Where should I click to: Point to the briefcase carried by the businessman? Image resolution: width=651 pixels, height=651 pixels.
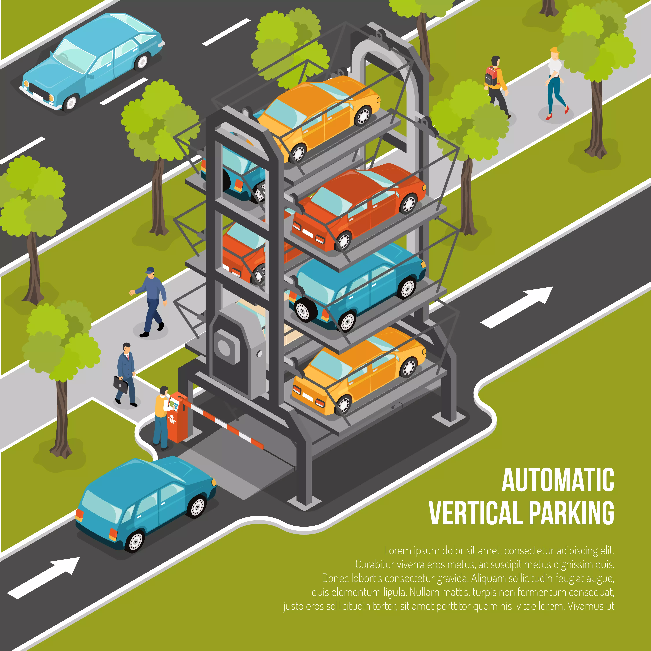pyautogui.click(x=120, y=384)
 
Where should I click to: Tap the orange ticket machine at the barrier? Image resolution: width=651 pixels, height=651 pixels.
pyautogui.click(x=178, y=418)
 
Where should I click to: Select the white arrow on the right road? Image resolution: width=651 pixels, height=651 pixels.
pyautogui.click(x=517, y=307)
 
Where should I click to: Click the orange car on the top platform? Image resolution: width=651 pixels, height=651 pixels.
pyautogui.click(x=318, y=116)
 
